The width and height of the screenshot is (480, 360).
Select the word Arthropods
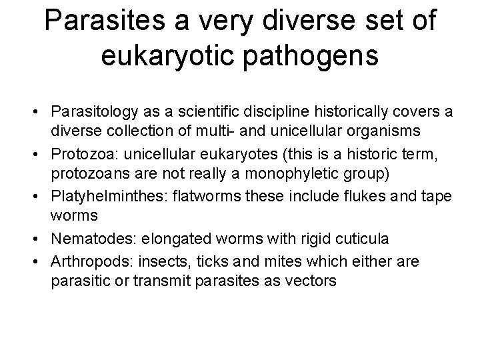point(88,262)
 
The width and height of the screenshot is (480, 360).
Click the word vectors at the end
point(313,281)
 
